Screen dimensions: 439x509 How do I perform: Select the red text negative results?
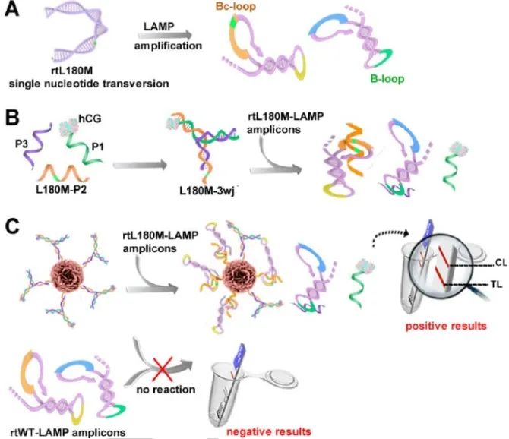pyautogui.click(x=249, y=431)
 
